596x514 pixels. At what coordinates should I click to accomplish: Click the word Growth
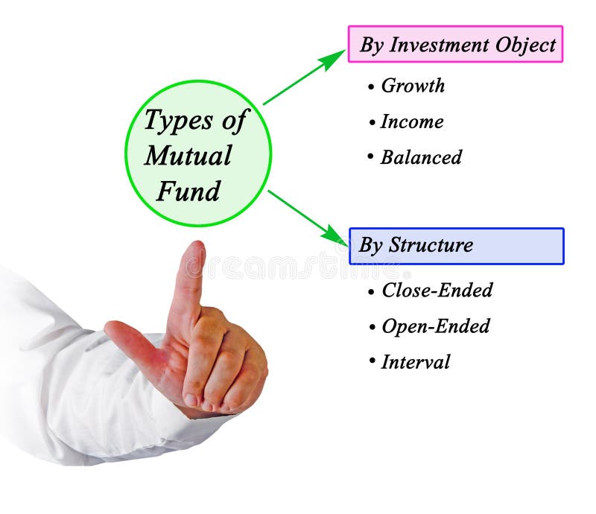click(x=413, y=86)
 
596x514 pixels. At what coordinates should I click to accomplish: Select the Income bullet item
click(x=411, y=122)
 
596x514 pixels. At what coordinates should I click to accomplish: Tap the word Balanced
click(x=421, y=158)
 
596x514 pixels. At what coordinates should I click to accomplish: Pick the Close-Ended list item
click(x=437, y=291)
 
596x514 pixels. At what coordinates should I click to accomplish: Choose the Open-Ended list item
click(x=435, y=326)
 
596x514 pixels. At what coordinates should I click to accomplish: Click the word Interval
click(x=416, y=363)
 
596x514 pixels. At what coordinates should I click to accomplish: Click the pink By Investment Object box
click(x=455, y=45)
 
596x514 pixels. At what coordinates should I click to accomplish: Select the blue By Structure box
click(x=456, y=246)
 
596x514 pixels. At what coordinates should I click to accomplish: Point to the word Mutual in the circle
click(x=188, y=156)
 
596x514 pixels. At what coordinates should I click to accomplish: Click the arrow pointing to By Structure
click(x=306, y=216)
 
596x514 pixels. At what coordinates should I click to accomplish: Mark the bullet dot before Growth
click(x=370, y=87)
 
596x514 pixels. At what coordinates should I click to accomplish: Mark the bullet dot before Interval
click(x=370, y=361)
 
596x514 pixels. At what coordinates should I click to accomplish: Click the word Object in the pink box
click(x=526, y=45)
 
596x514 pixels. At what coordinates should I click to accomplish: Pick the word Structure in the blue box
click(x=431, y=246)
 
